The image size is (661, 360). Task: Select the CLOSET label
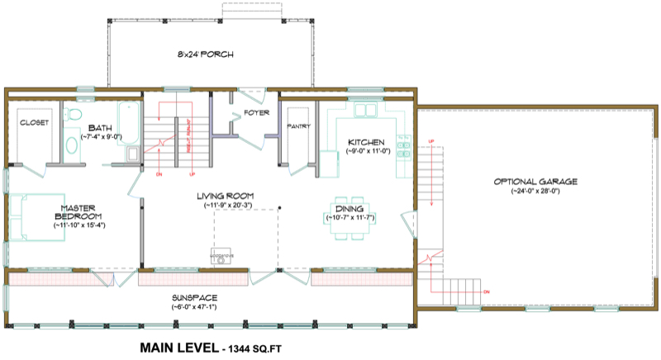coord(34,122)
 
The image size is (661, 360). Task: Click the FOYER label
coord(255,113)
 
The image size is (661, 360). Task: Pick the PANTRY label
coord(297,126)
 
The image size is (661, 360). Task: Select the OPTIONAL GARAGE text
coord(535,182)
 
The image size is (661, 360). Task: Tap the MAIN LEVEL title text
coord(174,348)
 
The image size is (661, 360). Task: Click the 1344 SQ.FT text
coord(250,348)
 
